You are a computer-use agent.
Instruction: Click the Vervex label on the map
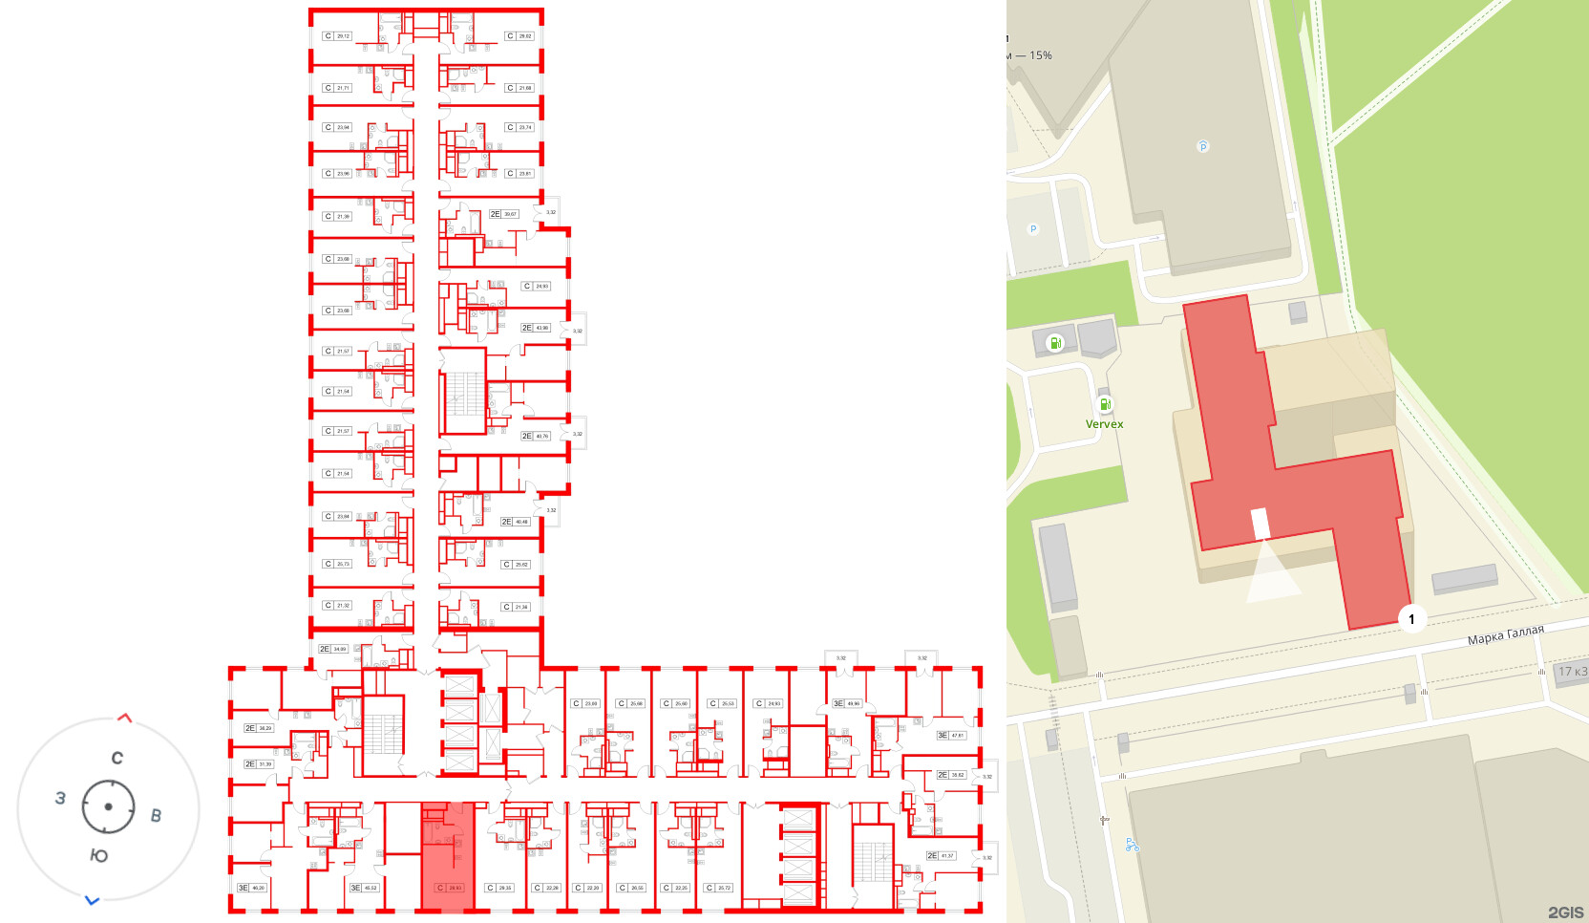click(x=1104, y=424)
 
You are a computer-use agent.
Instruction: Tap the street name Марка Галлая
click(x=1505, y=635)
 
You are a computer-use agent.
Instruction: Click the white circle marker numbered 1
click(x=1411, y=619)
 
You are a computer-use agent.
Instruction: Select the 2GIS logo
click(x=1565, y=912)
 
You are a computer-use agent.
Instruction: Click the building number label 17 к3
click(x=1572, y=672)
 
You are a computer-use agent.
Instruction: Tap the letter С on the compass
click(x=117, y=759)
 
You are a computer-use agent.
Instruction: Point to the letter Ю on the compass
click(x=98, y=855)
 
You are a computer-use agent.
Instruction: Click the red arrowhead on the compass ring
click(x=124, y=718)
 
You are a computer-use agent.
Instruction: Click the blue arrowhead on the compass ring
click(x=93, y=900)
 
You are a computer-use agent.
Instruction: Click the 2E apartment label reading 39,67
click(x=503, y=214)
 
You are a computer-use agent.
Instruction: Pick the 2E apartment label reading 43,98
click(x=536, y=328)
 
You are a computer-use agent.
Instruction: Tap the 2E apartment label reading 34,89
click(x=333, y=649)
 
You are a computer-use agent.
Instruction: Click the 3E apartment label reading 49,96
click(x=847, y=703)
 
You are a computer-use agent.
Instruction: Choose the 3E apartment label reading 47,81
click(x=951, y=736)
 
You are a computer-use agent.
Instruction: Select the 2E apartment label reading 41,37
click(x=941, y=856)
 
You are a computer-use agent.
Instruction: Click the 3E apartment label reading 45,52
click(x=365, y=888)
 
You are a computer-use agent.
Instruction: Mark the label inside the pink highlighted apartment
click(x=450, y=888)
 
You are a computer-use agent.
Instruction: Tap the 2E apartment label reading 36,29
click(x=258, y=728)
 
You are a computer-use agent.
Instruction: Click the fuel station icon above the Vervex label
click(x=1105, y=404)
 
